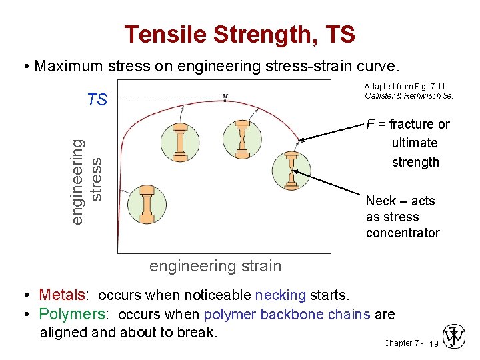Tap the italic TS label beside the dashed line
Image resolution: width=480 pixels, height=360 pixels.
click(97, 100)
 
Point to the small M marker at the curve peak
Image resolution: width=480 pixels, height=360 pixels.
click(225, 95)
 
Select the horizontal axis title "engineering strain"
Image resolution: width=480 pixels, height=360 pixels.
click(215, 266)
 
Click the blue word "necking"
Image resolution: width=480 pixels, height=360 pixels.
click(281, 295)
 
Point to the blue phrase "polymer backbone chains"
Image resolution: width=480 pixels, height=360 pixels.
click(287, 314)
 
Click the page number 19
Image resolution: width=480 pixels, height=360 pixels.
click(433, 344)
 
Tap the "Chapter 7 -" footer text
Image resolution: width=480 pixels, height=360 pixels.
click(402, 343)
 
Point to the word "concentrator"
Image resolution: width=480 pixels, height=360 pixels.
click(403, 233)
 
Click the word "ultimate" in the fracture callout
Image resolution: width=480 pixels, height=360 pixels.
click(415, 143)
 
